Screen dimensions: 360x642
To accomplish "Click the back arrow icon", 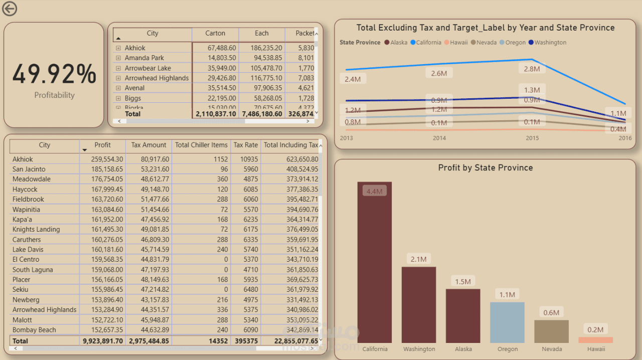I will point(10,9).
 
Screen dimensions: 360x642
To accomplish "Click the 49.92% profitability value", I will point(54,74).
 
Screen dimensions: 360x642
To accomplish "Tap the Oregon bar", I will point(507,322).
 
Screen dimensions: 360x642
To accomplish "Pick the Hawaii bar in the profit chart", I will point(595,340).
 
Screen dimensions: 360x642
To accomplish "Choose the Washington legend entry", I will point(550,43).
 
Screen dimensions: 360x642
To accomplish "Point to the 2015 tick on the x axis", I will point(532,138).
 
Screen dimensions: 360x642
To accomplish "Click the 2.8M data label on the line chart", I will point(532,69).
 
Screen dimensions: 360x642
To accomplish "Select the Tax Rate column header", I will point(245,145).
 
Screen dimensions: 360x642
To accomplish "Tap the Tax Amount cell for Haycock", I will point(150,190).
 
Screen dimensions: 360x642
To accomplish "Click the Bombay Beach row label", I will point(34,330).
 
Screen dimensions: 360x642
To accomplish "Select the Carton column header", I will point(215,33).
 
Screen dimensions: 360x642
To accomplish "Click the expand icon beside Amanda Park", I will point(118,58).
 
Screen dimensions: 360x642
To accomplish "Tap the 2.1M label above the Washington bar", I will point(418,259).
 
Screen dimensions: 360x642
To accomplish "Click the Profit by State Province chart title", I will point(485,168).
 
